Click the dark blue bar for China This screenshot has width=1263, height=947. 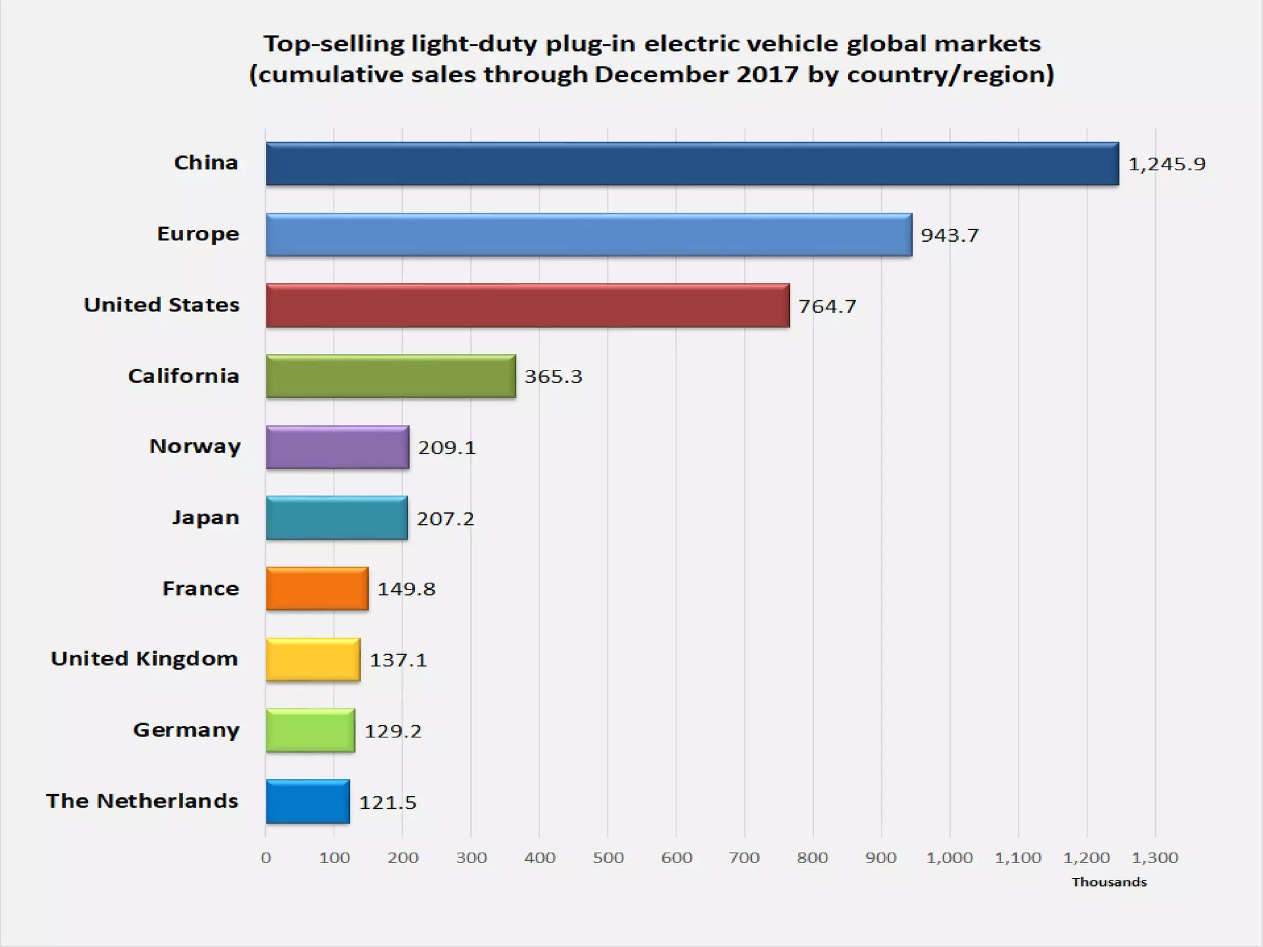tap(692, 163)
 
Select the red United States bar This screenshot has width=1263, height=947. tap(527, 305)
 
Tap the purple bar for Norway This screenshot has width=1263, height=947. tap(337, 447)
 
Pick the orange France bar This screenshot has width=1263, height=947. tap(317, 589)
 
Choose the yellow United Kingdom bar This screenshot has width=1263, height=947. tap(313, 660)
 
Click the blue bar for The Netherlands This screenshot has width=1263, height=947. tap(308, 801)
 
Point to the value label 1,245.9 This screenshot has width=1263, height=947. tap(1166, 164)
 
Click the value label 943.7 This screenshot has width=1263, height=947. tap(949, 235)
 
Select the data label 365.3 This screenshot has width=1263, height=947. tap(553, 376)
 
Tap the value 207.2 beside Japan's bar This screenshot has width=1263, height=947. tap(445, 519)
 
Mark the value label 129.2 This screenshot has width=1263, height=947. tap(393, 731)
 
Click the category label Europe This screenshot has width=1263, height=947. tap(198, 234)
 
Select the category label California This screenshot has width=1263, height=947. tap(183, 376)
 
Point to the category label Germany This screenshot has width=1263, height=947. tap(186, 731)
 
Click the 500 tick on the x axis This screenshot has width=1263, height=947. tap(608, 858)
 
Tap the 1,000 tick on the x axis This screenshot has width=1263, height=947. tap(949, 858)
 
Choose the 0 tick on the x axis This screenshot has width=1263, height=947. tap(266, 858)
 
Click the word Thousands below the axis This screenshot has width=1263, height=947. tap(1109, 882)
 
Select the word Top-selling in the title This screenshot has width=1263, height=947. tap(334, 44)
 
